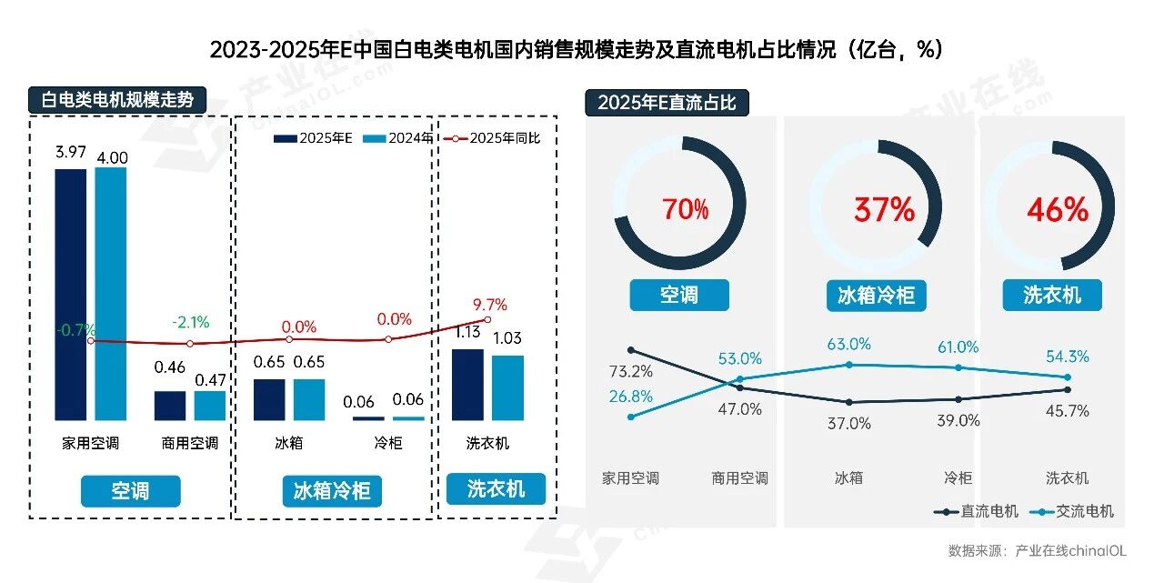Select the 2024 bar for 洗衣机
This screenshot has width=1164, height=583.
(x=507, y=387)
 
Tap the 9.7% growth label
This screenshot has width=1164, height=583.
(x=490, y=305)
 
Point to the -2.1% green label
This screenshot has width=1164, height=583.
(x=190, y=322)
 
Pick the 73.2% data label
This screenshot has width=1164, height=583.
(x=630, y=371)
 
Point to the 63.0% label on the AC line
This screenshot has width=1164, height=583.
(x=849, y=345)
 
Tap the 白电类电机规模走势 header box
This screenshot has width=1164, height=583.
(x=118, y=100)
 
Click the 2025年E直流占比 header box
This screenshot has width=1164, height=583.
(x=667, y=103)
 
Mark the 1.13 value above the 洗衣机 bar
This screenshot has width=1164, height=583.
(x=467, y=332)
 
